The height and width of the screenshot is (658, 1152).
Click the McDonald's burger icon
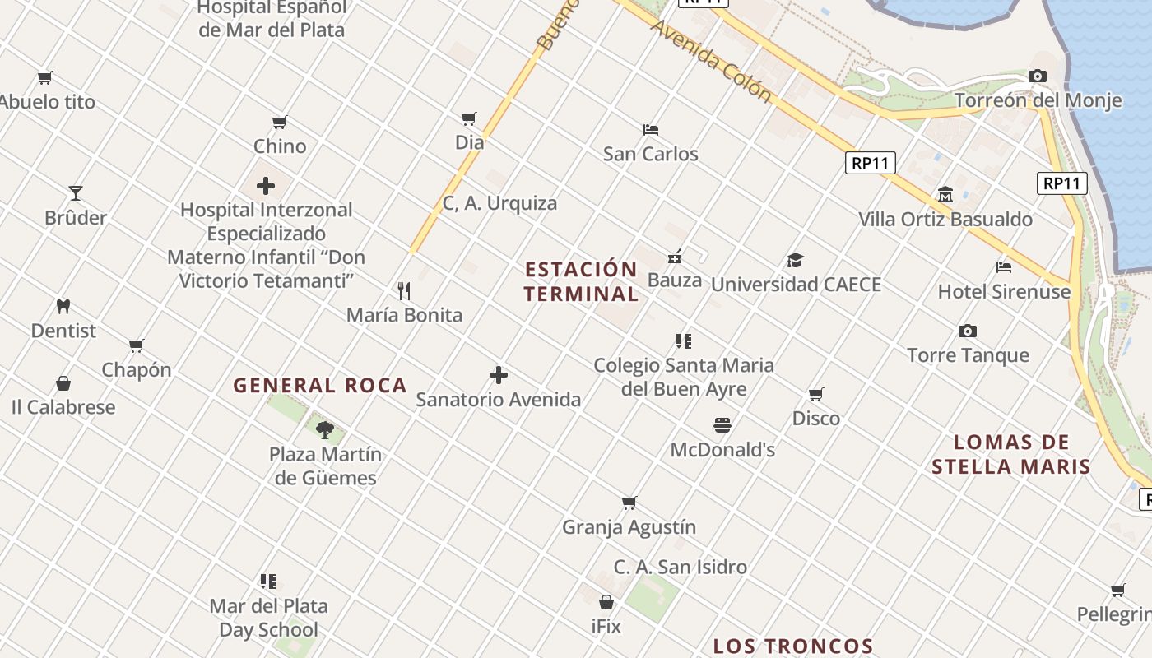(x=722, y=424)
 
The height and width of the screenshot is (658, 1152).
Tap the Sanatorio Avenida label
(x=498, y=400)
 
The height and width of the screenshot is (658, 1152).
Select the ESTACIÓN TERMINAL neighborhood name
(x=581, y=281)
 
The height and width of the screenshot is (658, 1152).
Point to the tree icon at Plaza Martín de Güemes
(x=325, y=429)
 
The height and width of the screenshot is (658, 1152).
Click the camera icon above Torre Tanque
(x=968, y=331)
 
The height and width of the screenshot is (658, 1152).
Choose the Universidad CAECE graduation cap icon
(x=795, y=260)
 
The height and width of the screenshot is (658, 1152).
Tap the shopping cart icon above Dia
(x=469, y=118)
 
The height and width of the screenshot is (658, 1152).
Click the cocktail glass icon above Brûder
(x=76, y=192)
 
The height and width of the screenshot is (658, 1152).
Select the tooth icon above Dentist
(x=63, y=306)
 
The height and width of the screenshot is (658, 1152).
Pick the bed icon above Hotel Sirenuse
(x=1004, y=266)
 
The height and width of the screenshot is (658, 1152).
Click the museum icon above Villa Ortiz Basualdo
(x=945, y=195)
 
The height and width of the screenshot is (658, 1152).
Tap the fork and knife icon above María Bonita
(x=404, y=290)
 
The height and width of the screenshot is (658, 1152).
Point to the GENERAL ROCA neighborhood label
(x=320, y=385)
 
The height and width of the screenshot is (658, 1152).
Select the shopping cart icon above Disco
(x=816, y=394)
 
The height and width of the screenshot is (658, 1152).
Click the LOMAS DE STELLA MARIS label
(x=1011, y=454)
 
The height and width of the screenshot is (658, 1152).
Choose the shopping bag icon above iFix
(x=606, y=602)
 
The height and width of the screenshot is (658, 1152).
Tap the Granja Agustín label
(x=629, y=527)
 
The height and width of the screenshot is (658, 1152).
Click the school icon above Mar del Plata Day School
(x=268, y=582)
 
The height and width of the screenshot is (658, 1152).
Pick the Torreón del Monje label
(x=1038, y=100)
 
